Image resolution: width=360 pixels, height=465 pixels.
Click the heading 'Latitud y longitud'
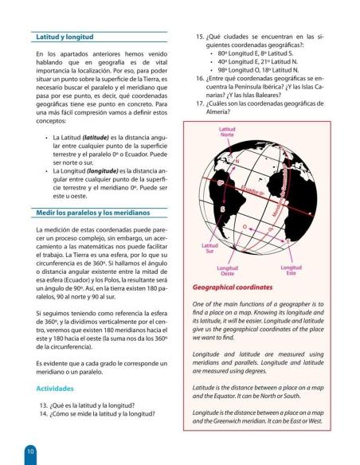(x=65, y=37)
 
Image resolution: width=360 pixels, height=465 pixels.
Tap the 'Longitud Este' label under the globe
(x=296, y=272)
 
